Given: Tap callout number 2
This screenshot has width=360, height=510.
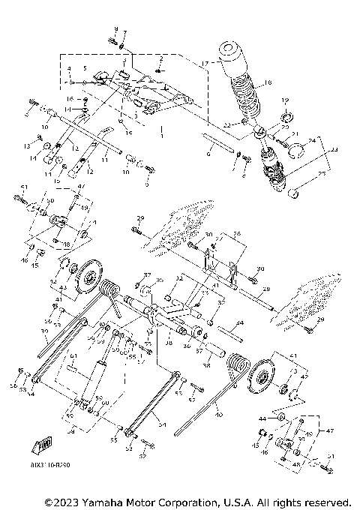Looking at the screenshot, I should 160,58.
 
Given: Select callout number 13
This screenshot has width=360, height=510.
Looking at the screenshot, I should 27,145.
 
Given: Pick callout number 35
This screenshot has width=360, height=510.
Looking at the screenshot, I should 158,280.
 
